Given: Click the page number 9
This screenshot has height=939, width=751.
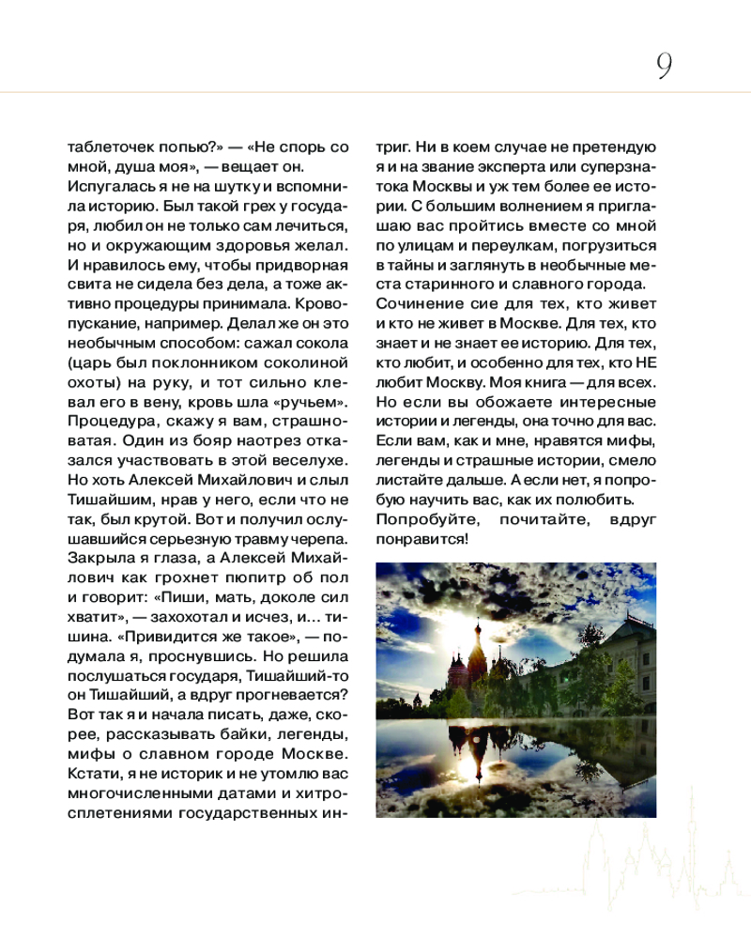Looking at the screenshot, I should tap(664, 66).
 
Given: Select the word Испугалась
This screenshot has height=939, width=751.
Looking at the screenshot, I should tap(106, 187).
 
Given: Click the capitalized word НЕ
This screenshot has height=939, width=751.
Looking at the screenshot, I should tap(645, 364).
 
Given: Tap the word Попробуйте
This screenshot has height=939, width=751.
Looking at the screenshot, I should tap(420, 520).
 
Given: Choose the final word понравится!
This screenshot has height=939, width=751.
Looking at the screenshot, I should tap(421, 540).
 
